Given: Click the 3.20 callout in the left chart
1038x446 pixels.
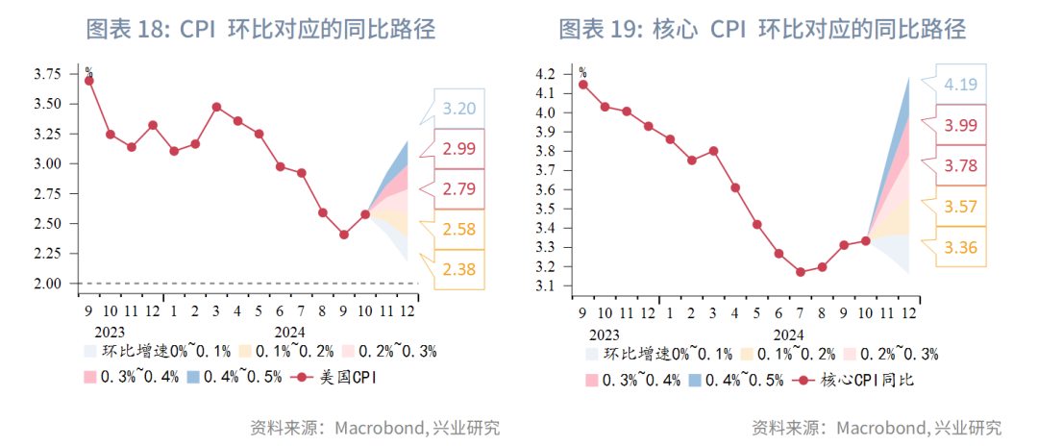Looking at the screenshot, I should click(x=458, y=108).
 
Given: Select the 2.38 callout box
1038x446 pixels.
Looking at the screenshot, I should click(x=458, y=270).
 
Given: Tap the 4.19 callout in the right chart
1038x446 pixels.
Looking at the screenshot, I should click(x=960, y=85).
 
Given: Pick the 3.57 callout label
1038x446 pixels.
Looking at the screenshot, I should click(x=960, y=207).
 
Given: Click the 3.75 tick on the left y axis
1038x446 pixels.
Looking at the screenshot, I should click(x=48, y=74).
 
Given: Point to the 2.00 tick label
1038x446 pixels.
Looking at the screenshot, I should click(x=48, y=284).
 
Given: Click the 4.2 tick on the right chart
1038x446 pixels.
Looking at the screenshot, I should click(x=544, y=74).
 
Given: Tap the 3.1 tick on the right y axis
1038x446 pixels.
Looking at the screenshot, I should click(x=544, y=286).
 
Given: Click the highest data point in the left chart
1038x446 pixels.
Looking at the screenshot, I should click(x=89, y=81).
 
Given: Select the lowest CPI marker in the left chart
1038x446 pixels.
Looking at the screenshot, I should click(x=344, y=235).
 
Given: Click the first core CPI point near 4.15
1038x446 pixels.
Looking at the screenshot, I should click(x=583, y=85).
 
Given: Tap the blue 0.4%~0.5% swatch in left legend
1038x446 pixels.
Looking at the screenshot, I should click(x=194, y=377).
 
